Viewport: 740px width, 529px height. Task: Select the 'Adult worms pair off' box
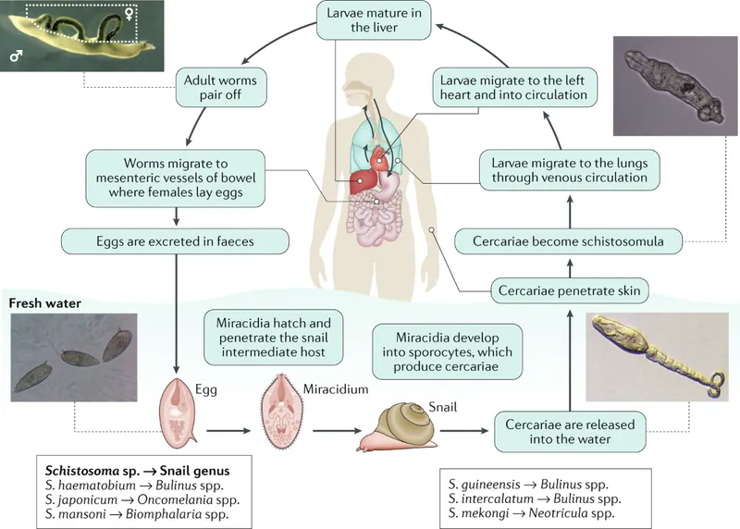[221, 87]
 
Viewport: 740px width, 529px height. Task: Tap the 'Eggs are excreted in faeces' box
[175, 241]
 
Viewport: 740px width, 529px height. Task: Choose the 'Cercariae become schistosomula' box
[569, 241]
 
